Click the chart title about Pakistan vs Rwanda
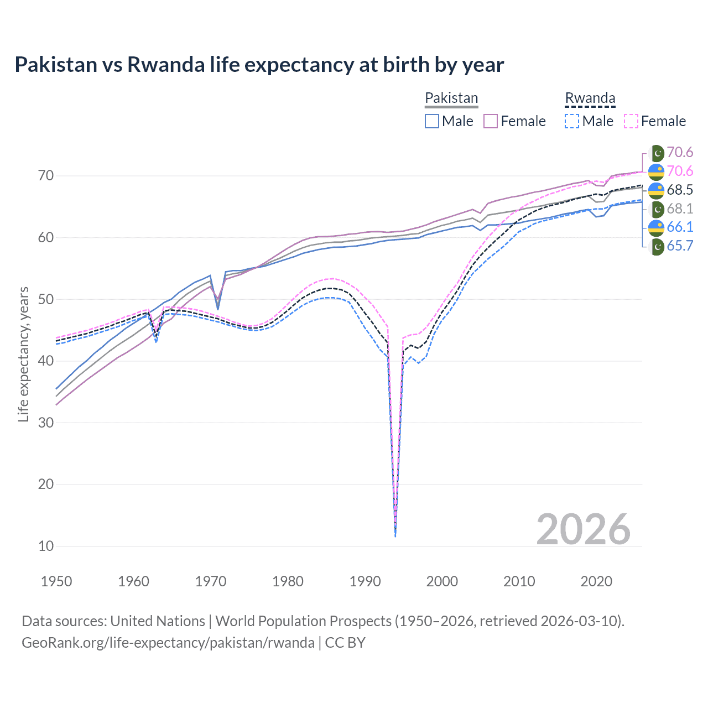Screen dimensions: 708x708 point(259,65)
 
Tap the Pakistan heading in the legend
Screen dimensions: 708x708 point(451,98)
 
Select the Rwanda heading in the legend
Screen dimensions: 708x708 point(590,98)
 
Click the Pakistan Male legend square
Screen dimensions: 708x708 point(432,121)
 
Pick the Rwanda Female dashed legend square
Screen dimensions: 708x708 point(631,121)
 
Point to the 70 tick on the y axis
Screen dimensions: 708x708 point(46,176)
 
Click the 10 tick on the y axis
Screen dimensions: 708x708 point(46,546)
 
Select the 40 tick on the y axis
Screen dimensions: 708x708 point(46,361)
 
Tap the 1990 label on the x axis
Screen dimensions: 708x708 point(365,581)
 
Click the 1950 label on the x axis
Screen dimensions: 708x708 point(56,581)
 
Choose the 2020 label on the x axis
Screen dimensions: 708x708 point(596,581)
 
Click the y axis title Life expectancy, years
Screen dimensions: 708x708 point(24,354)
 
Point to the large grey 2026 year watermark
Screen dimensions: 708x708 point(583,529)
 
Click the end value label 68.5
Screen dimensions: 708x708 point(680,190)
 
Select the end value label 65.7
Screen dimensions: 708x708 point(680,246)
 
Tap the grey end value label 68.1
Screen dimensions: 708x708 point(680,209)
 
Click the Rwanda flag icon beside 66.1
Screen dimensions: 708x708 point(656,227)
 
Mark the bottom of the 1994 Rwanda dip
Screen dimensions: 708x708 point(395,535)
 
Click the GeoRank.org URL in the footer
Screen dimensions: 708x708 point(168,643)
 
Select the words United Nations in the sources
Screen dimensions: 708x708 point(158,621)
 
